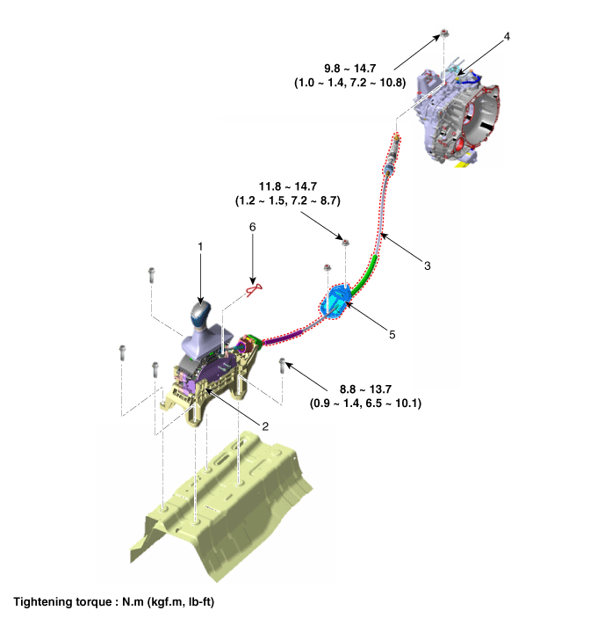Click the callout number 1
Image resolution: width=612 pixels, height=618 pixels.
click(x=200, y=246)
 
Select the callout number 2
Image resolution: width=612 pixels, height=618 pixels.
click(x=265, y=426)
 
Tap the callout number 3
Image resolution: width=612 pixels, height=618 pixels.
click(x=428, y=265)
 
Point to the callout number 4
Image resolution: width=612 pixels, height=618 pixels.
click(x=507, y=36)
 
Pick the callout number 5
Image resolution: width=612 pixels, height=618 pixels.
click(x=392, y=335)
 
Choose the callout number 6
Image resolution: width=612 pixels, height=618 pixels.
click(x=252, y=227)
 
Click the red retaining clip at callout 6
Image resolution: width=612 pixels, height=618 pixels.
click(x=254, y=290)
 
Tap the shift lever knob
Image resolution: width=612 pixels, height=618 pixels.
click(x=200, y=315)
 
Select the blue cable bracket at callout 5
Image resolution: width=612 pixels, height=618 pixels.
click(x=335, y=302)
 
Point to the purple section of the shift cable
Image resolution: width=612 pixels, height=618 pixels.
click(x=284, y=338)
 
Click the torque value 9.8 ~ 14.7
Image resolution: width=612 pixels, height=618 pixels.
click(x=349, y=69)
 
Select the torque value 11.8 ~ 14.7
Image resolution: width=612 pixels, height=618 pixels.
click(x=288, y=186)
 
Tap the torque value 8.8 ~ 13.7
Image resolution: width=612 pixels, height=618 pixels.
click(x=365, y=389)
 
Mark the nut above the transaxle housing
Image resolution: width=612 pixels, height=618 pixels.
click(x=444, y=33)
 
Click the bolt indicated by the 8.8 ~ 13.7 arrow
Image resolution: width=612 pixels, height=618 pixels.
click(x=282, y=366)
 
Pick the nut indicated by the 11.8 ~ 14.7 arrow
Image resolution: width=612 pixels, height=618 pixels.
click(x=345, y=243)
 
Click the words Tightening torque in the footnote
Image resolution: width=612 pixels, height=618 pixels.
click(x=63, y=602)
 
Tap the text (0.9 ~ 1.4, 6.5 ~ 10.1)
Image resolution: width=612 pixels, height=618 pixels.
click(x=365, y=404)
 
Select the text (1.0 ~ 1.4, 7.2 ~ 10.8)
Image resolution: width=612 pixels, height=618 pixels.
click(x=349, y=83)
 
